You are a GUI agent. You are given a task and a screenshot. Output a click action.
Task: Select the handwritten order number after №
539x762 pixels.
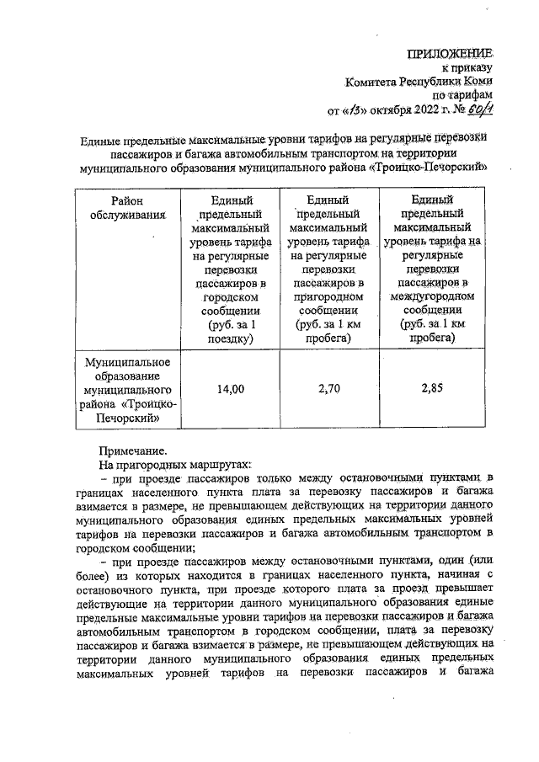[480, 109]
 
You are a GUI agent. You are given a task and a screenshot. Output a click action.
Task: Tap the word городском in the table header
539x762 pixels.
[230, 297]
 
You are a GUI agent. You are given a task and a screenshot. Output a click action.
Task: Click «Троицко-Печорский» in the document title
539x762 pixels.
[431, 168]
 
